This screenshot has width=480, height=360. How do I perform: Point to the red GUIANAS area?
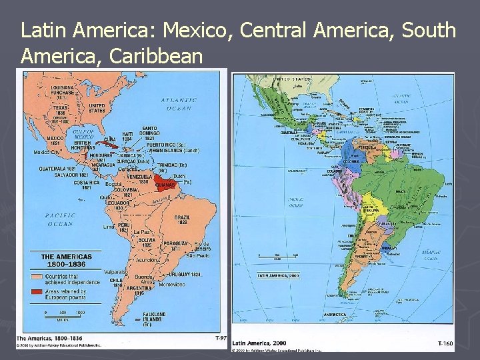pos(166,183)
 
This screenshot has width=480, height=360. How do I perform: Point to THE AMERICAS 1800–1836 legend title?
pos(67,260)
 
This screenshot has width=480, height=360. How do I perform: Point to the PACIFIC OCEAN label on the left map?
pos(60,219)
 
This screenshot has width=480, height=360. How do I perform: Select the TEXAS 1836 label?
pos(61,110)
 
